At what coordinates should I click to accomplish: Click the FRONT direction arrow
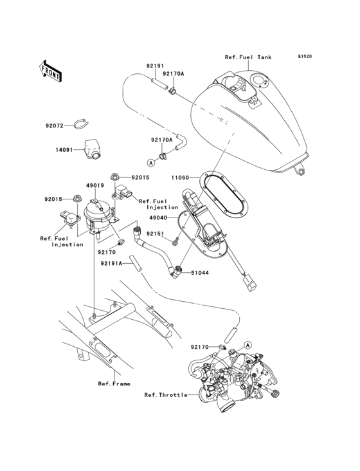(51, 70)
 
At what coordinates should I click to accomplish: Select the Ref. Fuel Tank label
(248, 57)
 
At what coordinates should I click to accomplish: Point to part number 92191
(155, 66)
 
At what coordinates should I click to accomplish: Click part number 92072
(55, 126)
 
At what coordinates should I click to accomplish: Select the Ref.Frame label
(114, 383)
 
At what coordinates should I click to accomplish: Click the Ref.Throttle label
(166, 395)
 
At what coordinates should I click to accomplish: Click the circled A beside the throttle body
(248, 346)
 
